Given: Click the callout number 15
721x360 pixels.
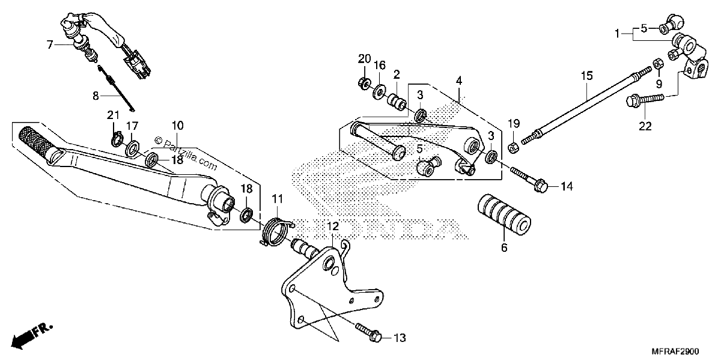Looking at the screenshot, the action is point(587,76).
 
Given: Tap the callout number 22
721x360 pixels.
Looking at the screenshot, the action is point(645,126).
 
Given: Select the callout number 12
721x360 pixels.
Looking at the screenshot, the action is point(333,227).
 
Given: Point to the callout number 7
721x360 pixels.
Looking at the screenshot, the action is point(49,44).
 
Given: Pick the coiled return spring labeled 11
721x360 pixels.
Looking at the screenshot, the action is point(276,231).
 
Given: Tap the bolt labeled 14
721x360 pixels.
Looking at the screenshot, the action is point(529,180).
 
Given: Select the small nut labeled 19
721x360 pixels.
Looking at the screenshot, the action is point(513,148).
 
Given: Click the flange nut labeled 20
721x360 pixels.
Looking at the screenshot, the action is point(364,84).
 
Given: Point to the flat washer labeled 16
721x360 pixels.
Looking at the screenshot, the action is point(380,92).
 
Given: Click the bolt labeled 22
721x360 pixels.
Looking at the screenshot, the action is point(645,100).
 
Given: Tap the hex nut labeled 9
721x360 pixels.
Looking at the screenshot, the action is point(658,64).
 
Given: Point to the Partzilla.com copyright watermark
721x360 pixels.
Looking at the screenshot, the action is point(186,154).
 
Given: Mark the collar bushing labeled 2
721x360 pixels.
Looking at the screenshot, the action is point(397,102).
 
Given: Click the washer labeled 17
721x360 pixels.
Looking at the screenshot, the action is point(132,148).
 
